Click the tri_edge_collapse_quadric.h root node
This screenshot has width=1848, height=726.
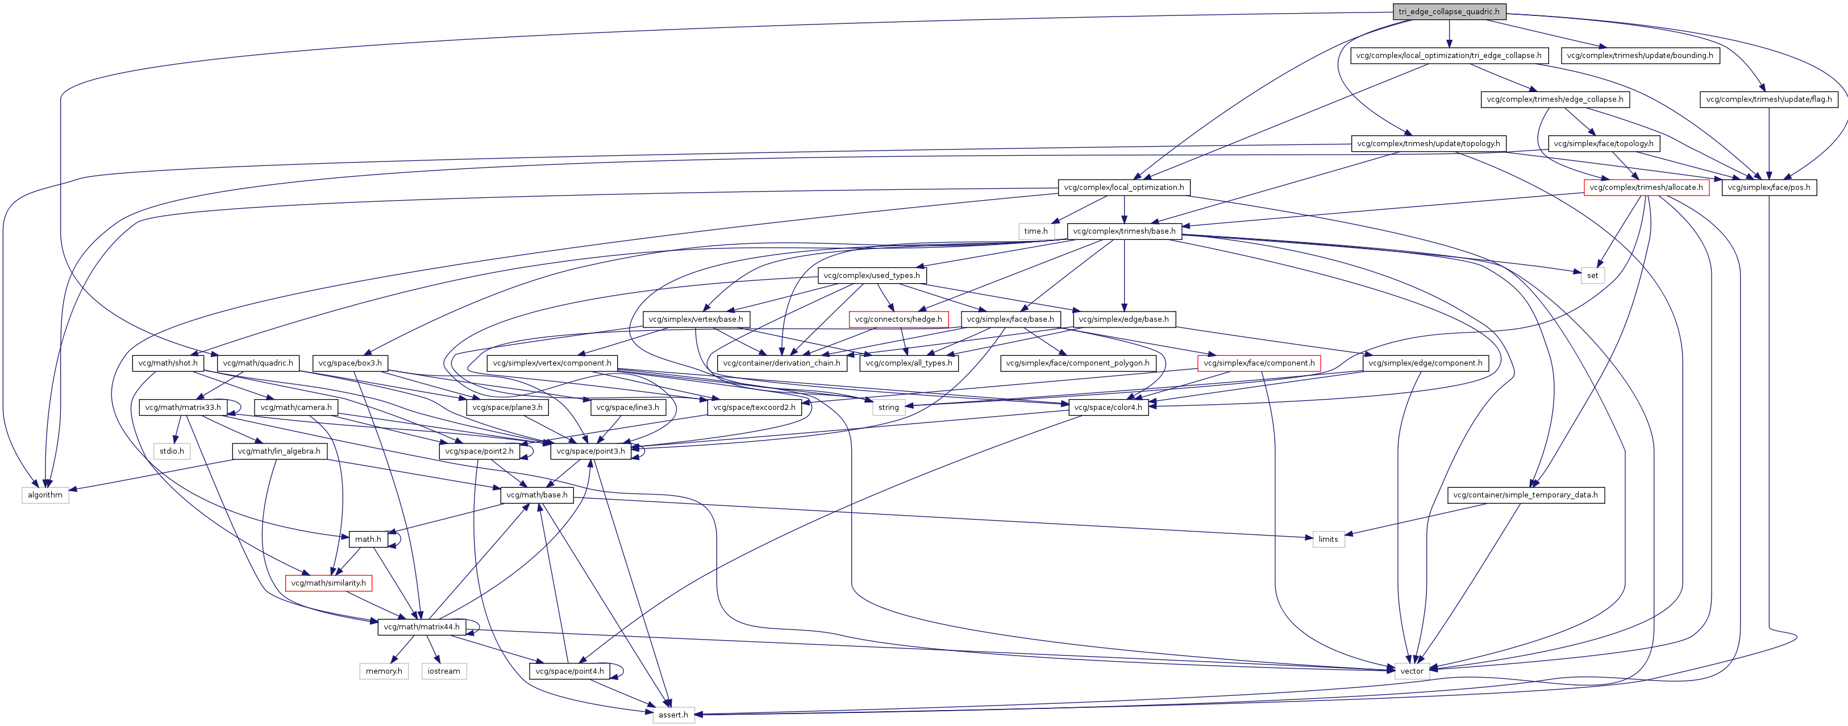pos(1449,11)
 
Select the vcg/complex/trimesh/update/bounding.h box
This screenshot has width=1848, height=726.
pos(1640,55)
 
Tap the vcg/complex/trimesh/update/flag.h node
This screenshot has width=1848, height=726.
pos(1768,99)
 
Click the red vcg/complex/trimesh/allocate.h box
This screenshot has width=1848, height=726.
pos(1646,187)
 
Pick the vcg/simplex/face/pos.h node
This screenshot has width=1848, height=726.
pos(1768,187)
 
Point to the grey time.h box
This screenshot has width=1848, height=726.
pos(1035,231)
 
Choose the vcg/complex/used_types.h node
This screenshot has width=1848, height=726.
pos(872,276)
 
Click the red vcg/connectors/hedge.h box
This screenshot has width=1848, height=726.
pos(898,320)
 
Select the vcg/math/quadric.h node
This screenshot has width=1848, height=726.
pos(257,363)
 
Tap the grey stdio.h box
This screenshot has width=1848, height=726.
pos(172,451)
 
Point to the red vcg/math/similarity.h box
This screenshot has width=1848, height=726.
pos(328,583)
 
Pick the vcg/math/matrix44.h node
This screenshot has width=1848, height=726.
pos(421,627)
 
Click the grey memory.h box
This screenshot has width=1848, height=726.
pos(384,671)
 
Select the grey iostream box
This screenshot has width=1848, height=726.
pos(443,671)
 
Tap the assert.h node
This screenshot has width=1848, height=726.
pos(673,715)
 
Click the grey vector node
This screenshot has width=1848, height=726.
pos(1411,671)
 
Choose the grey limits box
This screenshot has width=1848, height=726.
pos(1328,540)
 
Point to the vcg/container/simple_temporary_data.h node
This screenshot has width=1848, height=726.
pos(1525,495)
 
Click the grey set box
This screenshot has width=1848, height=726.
pos(1592,276)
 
